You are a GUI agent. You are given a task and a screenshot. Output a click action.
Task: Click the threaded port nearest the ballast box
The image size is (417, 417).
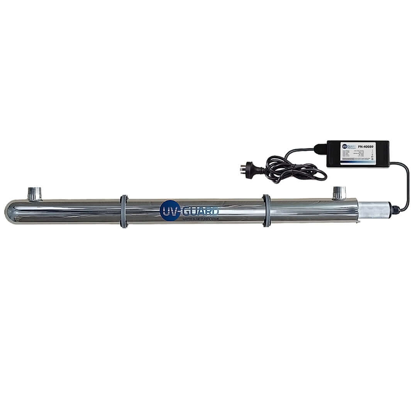tap(339, 192)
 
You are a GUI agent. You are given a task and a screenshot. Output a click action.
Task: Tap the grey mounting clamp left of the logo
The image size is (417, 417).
tap(124, 211)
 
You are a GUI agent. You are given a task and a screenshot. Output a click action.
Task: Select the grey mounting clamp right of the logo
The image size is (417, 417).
tap(266, 210)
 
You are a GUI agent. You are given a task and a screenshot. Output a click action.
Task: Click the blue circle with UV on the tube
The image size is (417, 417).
tap(170, 211)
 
